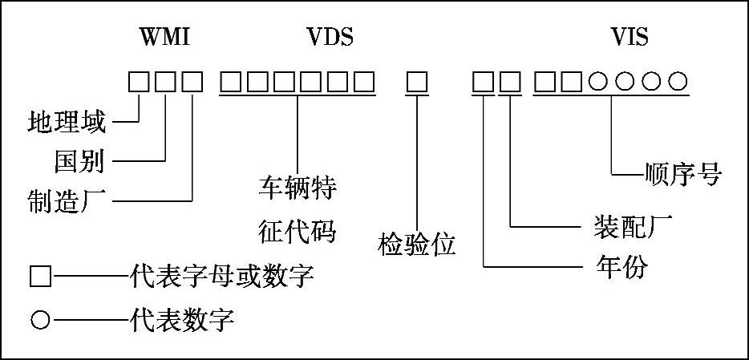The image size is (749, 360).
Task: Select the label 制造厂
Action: pyautogui.click(x=67, y=200)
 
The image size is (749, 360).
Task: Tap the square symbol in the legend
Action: pyautogui.click(x=40, y=277)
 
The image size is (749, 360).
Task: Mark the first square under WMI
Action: pyautogui.click(x=140, y=81)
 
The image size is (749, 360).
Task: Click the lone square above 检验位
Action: pyautogui.click(x=416, y=81)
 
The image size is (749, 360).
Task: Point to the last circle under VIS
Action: pyautogui.click(x=678, y=81)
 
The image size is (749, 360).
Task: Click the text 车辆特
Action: pyautogui.click(x=296, y=191)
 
